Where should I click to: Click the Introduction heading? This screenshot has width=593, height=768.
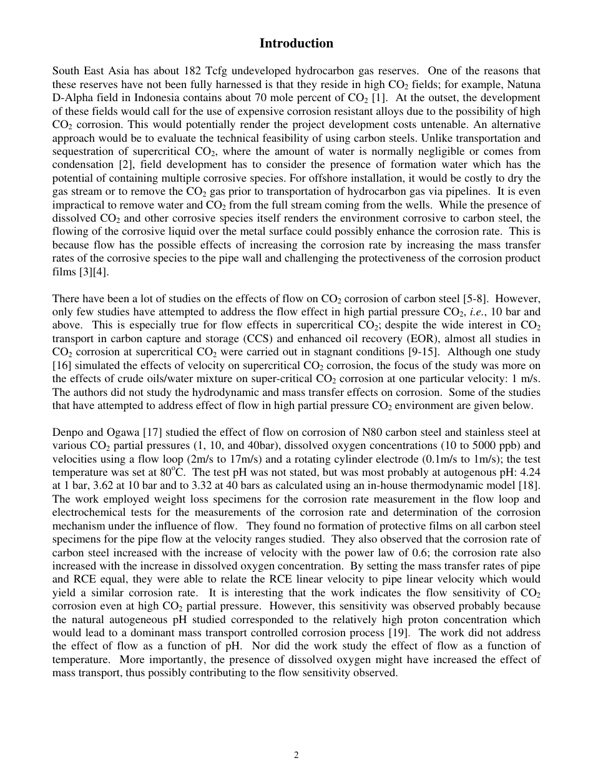296,44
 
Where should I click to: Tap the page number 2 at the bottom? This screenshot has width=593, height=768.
296,755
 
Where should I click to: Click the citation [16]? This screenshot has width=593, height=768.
61,366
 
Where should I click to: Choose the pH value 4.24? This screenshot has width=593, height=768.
531,473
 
